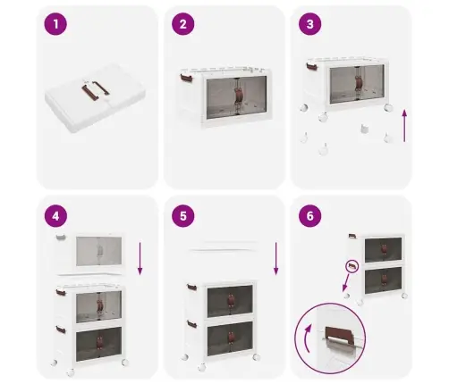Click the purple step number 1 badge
coord(55,24)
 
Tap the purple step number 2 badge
coord(183,24)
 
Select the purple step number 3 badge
coord(310,24)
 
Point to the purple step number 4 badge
coord(55,216)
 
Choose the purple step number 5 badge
coord(183,216)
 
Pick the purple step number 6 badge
coord(310,216)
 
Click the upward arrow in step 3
coord(404,126)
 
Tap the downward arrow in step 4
coord(140,259)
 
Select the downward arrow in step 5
coord(276,259)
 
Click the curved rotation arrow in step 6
coord(306,338)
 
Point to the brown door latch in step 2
coord(238,96)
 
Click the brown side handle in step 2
coord(186,79)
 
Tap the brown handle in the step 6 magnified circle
coord(339,333)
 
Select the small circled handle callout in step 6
coord(352,266)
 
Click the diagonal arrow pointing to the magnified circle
coord(346,283)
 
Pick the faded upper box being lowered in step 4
coord(89,252)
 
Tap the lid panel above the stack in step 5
coord(223,246)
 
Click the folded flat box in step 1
coord(95,97)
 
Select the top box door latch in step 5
coord(231,301)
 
